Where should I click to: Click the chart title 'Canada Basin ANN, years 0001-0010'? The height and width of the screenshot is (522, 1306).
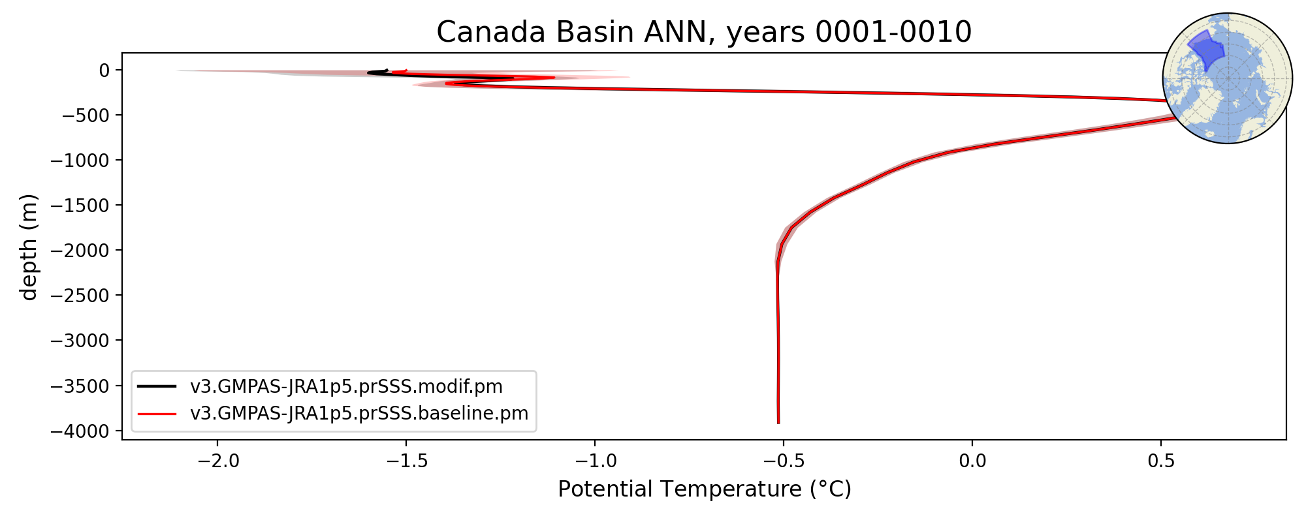pos(704,32)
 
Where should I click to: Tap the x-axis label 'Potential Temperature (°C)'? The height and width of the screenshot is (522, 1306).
pos(705,489)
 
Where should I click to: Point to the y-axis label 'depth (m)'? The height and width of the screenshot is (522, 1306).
pos(29,247)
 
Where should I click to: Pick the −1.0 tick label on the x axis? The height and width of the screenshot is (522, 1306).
pos(595,461)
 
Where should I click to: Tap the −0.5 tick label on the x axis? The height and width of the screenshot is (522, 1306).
pos(784,461)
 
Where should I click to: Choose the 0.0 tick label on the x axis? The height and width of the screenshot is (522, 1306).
pos(972,461)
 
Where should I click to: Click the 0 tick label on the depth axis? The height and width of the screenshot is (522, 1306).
pos(104,70)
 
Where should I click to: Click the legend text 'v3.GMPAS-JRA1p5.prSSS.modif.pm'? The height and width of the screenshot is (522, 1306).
pos(347,387)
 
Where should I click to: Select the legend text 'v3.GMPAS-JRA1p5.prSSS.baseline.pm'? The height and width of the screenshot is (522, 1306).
pos(359,414)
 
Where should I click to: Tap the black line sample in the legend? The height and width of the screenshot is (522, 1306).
pos(157,386)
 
